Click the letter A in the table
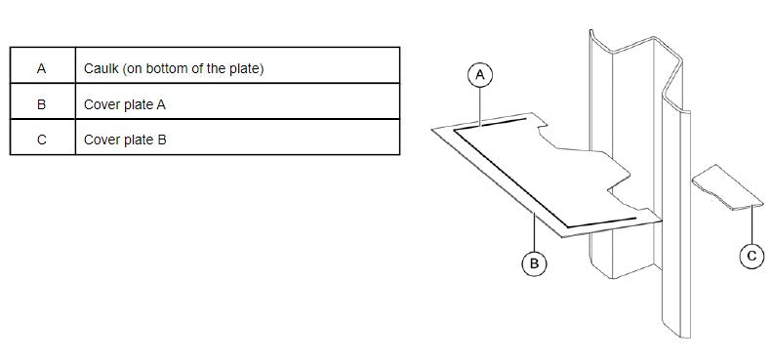41,69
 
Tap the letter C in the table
41,140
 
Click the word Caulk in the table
101,69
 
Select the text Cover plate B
125,140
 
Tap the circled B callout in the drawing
533,263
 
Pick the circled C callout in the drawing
751,256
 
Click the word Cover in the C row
101,140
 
